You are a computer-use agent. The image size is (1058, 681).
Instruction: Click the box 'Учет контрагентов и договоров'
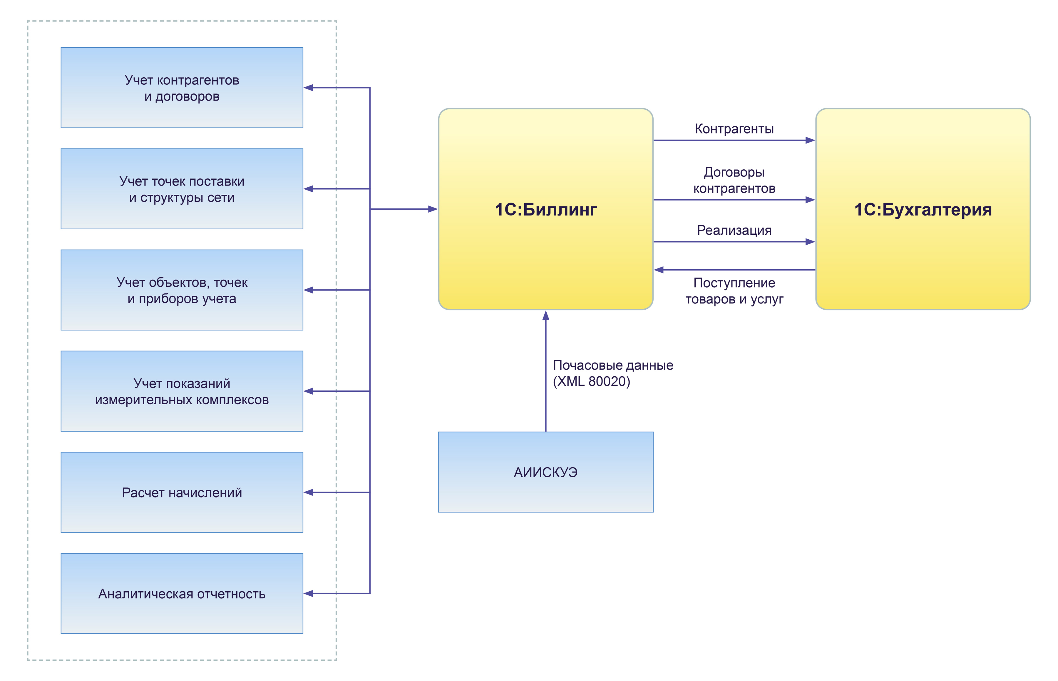[x=182, y=88]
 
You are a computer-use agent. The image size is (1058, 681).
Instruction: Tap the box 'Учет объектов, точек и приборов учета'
[x=182, y=290]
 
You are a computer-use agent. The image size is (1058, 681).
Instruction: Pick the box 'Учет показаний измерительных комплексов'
[x=182, y=391]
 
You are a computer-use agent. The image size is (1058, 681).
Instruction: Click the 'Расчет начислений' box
[x=182, y=492]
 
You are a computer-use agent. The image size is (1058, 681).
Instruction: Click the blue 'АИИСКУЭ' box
[x=545, y=472]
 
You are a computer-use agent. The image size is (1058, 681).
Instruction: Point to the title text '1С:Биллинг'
[x=545, y=210]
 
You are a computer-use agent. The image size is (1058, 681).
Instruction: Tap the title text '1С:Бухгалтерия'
[x=923, y=210]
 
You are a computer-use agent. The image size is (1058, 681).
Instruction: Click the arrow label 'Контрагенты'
[x=734, y=129]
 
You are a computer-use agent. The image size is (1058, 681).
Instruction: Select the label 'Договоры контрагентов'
[x=734, y=181]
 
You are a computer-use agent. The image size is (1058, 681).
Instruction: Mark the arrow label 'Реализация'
[x=734, y=231]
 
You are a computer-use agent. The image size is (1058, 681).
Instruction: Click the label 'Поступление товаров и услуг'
[x=734, y=291]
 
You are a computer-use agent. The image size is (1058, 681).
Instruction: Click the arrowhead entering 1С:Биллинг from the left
[x=433, y=209]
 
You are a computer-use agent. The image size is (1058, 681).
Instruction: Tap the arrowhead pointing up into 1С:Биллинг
[x=546, y=315]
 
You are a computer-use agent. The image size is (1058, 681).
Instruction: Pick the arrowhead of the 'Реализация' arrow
[x=810, y=242]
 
